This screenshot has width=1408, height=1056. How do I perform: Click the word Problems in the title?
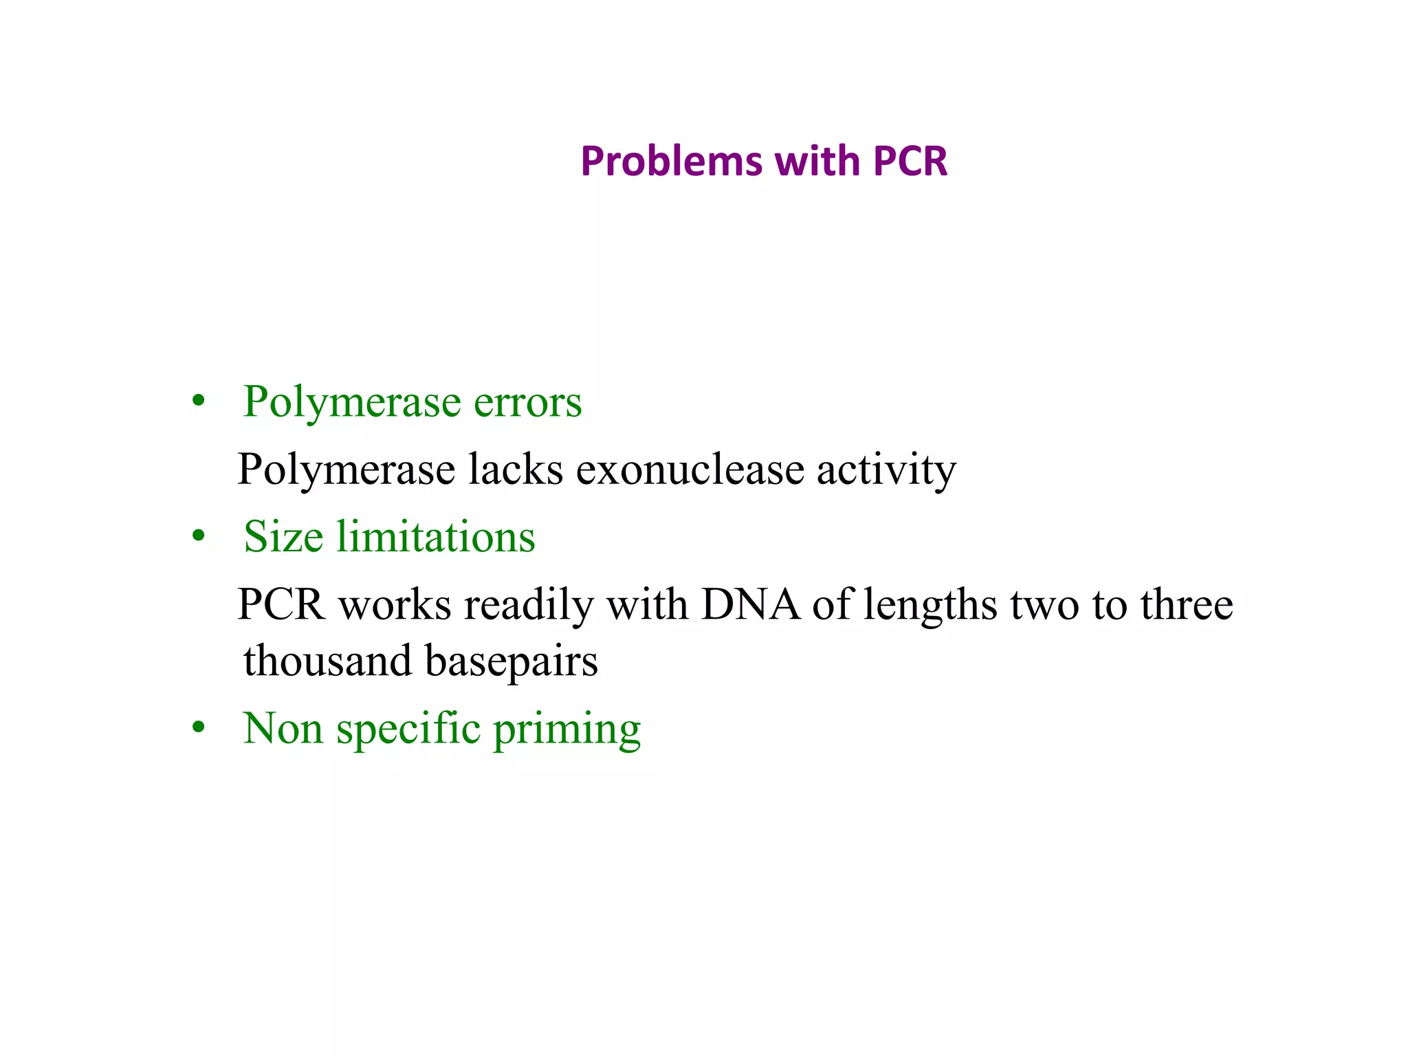pos(670,162)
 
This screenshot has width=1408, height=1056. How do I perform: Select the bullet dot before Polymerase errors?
pos(199,401)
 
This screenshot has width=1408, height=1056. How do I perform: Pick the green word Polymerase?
pos(351,402)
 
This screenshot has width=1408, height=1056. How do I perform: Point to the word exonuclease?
pos(690,470)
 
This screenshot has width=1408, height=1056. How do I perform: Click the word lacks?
pos(515,470)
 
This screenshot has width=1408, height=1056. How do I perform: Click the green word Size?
pos(283,537)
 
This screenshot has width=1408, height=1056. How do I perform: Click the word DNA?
pos(750,605)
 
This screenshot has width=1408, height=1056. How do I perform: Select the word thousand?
pos(327,661)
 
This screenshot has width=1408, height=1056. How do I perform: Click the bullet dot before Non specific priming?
pos(199,728)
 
